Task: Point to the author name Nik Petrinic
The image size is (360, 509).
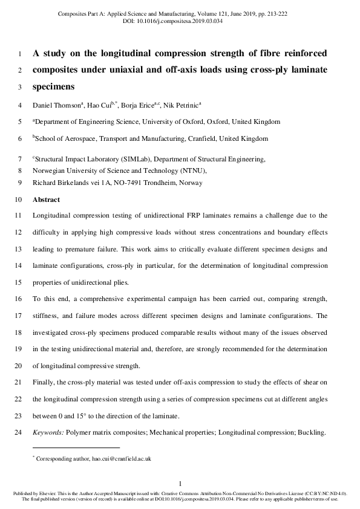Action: (x=184, y=105)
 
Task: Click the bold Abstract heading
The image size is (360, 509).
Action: (x=46, y=199)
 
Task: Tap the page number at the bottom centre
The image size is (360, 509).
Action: (x=180, y=482)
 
